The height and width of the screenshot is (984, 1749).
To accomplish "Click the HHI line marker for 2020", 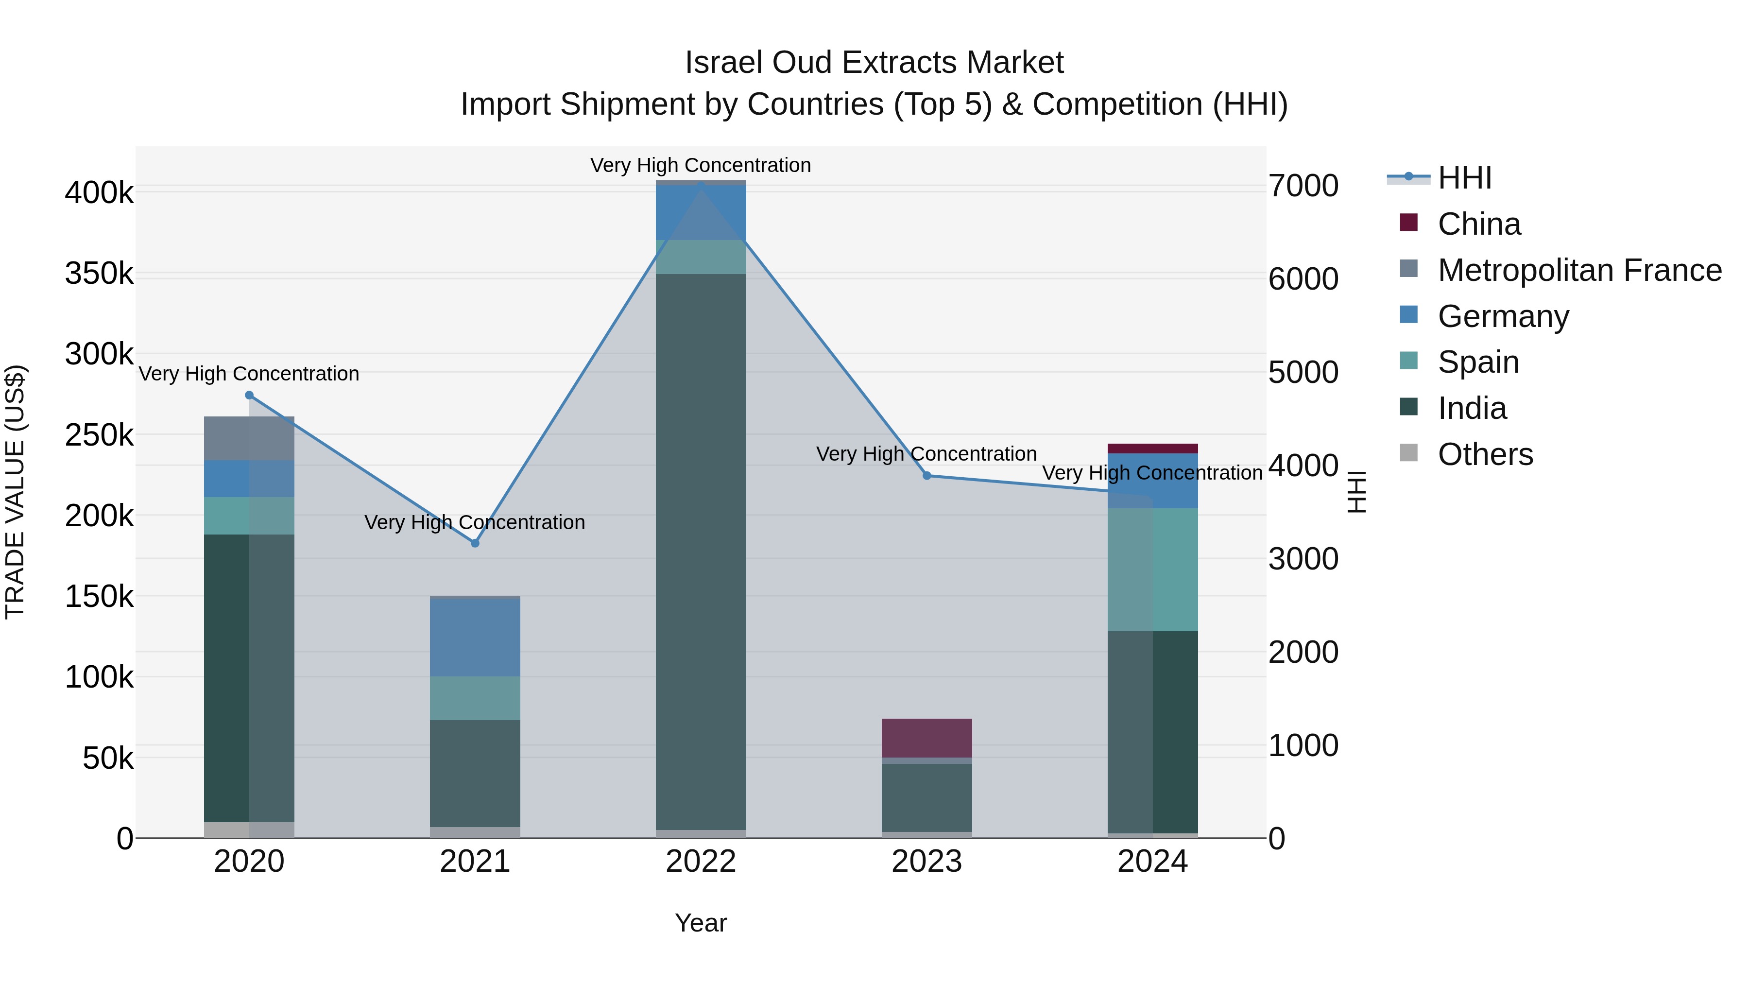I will coord(249,395).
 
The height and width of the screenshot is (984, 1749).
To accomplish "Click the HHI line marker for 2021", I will coord(475,543).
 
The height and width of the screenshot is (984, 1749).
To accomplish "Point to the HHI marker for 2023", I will coord(927,476).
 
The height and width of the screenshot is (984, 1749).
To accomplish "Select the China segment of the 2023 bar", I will coord(927,738).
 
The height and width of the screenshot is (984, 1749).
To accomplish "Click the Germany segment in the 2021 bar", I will coord(475,637).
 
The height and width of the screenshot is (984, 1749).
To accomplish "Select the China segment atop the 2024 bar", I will coord(1153,448).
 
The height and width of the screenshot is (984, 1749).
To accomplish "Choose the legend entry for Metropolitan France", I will coord(1579,270).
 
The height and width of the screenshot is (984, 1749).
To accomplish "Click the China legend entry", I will coord(1479,224).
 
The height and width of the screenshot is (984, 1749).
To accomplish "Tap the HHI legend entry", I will coord(1464,178).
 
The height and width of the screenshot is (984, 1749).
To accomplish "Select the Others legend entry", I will coord(1485,454).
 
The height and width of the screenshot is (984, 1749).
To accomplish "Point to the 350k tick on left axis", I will coord(99,274).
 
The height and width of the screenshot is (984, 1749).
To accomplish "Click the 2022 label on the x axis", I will coord(701,862).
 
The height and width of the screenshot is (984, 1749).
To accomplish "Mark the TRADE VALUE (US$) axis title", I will coord(15,492).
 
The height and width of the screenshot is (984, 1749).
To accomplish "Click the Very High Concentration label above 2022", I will coord(701,165).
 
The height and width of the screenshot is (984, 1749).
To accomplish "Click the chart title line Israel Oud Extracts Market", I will coord(874,63).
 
